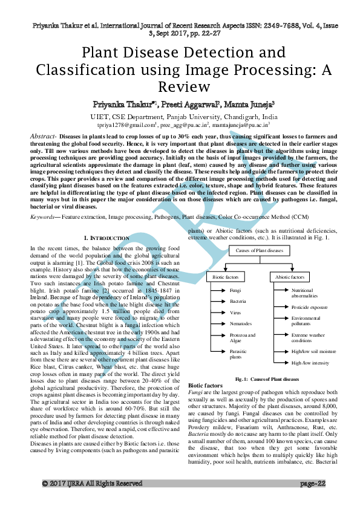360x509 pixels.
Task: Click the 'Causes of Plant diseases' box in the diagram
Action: [259, 250]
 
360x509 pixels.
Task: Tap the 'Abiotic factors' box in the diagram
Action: [290, 276]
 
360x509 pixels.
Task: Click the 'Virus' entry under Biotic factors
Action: [218, 312]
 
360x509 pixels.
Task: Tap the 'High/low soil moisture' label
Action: [313, 351]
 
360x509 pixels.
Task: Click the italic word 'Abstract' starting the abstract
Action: [44, 137]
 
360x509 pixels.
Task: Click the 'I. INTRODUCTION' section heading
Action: [106, 239]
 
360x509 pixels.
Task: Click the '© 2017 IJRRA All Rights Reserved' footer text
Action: [91, 501]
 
